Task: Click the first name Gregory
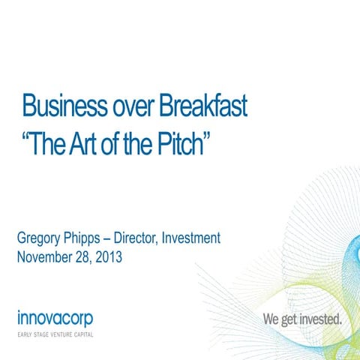coord(42,239)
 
